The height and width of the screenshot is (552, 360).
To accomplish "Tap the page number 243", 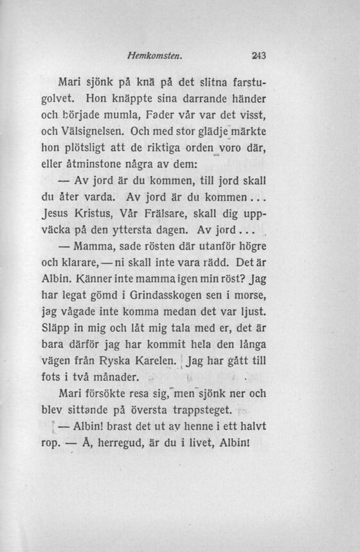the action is tap(258, 56).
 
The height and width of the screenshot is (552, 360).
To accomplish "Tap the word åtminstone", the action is tap(111, 165).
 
